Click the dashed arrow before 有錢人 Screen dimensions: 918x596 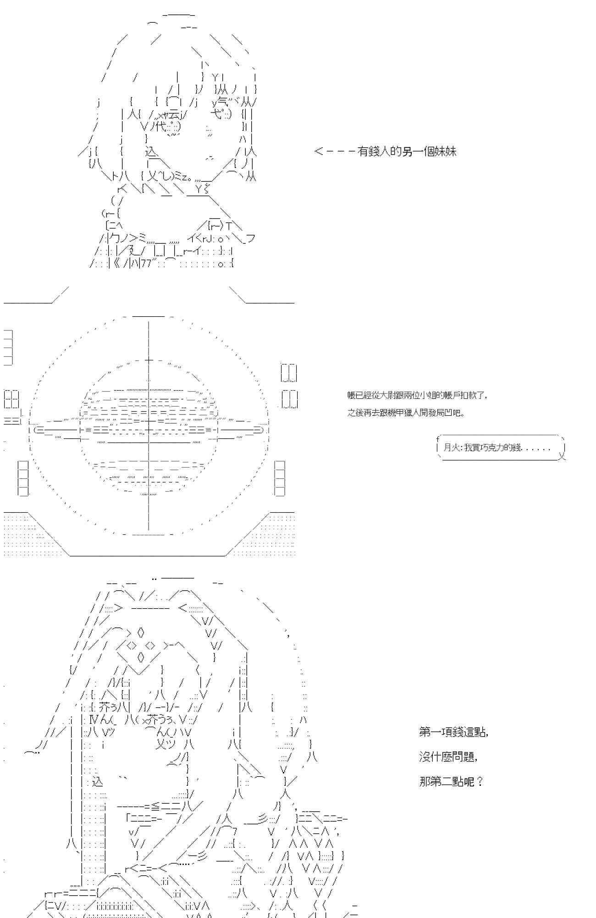[334, 151]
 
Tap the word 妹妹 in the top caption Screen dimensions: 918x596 [445, 151]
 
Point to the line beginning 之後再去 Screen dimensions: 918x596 [405, 413]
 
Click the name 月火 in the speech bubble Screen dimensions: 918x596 [452, 448]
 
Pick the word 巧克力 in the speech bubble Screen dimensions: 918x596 [491, 448]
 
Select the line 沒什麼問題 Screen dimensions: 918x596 [448, 757]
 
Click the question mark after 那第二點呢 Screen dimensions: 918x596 [480, 782]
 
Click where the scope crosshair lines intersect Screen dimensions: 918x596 [149, 430]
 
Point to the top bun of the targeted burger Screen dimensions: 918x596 [149, 390]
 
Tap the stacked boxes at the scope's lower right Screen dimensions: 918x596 [279, 478]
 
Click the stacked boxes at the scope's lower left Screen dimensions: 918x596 [23, 478]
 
